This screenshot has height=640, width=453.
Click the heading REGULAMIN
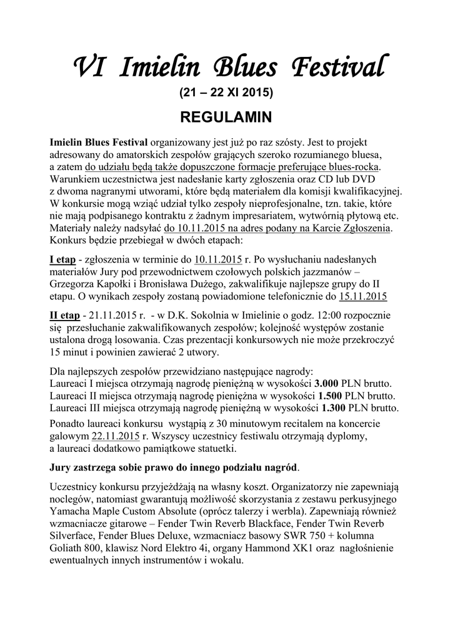[x=226, y=117]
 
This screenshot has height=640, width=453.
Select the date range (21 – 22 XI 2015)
[x=226, y=93]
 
